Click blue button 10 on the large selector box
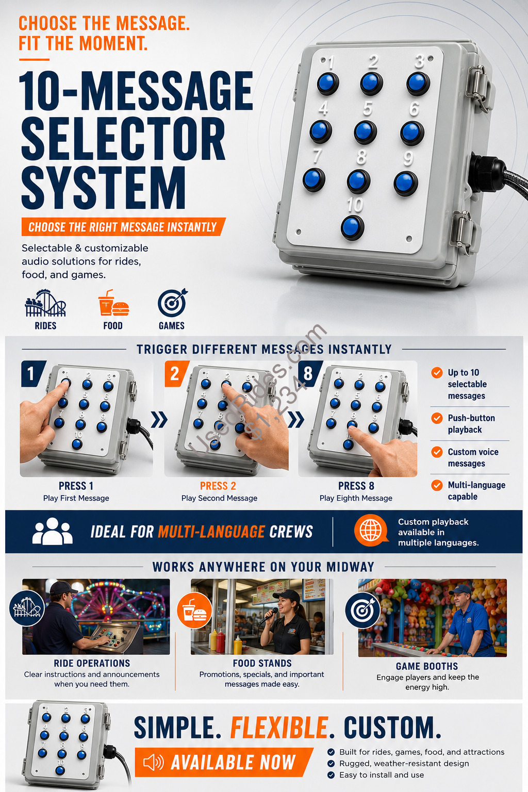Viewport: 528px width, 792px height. coord(352,228)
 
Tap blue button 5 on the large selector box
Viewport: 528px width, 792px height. coord(366,132)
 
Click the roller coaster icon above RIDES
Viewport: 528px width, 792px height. coord(45,303)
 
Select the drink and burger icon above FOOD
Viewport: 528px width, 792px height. coord(113,303)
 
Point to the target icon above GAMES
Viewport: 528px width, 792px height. coord(172,303)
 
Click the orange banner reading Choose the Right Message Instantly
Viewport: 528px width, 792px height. coord(123,227)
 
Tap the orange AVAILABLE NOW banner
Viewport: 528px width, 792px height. coord(223,762)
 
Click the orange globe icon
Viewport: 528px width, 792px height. coord(371,531)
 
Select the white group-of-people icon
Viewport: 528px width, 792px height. coord(53,531)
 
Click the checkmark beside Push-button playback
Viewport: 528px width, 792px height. coord(437,418)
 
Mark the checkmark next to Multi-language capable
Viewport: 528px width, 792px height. coord(437,485)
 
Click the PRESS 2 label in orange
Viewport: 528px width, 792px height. coord(218,486)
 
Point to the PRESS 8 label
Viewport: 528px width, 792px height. coord(356,486)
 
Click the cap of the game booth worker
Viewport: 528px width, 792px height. coord(459,589)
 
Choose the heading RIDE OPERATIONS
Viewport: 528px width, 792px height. coord(92,663)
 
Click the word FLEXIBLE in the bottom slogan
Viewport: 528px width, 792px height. coord(279,728)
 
